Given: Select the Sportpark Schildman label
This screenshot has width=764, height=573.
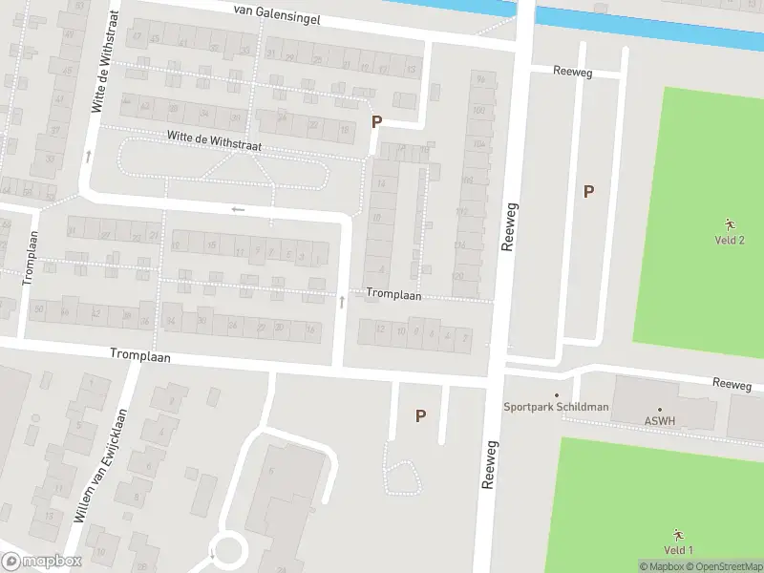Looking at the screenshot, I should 556,407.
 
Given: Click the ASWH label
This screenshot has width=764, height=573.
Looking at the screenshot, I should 659,419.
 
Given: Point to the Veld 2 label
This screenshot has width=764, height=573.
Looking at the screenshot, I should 729,240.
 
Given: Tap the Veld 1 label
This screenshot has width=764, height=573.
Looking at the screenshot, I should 677,549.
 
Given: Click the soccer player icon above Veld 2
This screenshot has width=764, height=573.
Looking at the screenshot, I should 730,223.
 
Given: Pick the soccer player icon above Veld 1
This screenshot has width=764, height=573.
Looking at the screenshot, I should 678,534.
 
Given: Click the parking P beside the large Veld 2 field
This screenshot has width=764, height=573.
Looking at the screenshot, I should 589,191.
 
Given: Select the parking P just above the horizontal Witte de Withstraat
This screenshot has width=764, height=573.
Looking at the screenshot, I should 376,122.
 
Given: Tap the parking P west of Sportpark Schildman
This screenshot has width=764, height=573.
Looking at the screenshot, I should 419,415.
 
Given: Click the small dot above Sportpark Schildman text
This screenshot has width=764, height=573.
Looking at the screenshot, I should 557,395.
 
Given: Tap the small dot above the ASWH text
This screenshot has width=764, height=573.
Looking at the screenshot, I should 659,409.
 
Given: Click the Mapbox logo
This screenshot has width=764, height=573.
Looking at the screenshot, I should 41,562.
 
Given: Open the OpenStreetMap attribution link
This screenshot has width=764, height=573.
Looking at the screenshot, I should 724,566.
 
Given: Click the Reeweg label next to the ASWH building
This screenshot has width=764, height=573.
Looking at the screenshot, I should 732,384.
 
